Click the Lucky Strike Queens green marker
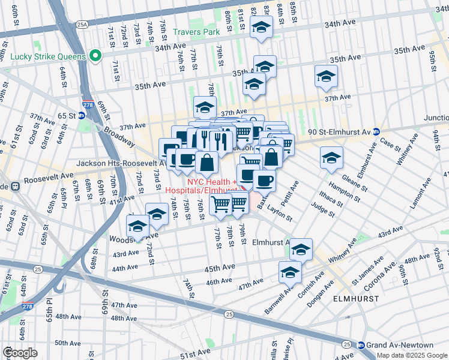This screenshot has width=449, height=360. (x=94, y=56)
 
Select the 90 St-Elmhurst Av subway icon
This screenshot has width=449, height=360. (x=376, y=131)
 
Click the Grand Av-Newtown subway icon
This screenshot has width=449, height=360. (x=361, y=345)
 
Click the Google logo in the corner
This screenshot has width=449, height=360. (x=20, y=353)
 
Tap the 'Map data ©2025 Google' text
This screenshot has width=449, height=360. (x=412, y=355)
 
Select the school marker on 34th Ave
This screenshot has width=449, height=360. (x=262, y=27)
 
